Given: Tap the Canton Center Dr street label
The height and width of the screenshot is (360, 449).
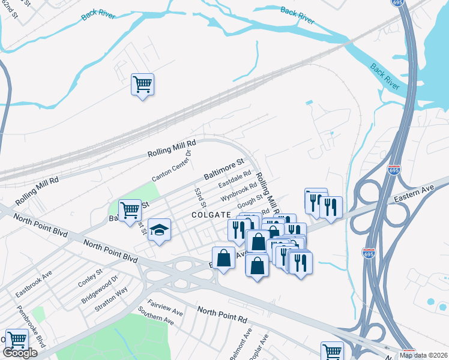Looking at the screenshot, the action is [172, 166].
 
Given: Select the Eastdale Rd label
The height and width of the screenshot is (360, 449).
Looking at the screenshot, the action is [235, 179].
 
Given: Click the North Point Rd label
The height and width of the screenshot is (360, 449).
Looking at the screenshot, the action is [222, 312].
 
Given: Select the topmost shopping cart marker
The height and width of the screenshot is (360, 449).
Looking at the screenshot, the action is [143, 85].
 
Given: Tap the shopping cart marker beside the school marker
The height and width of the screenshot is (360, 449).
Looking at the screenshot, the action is [130, 211].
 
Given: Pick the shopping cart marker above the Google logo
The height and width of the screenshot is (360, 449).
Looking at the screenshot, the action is [17, 340].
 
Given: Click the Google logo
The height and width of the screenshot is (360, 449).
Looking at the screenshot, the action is [20, 353].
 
